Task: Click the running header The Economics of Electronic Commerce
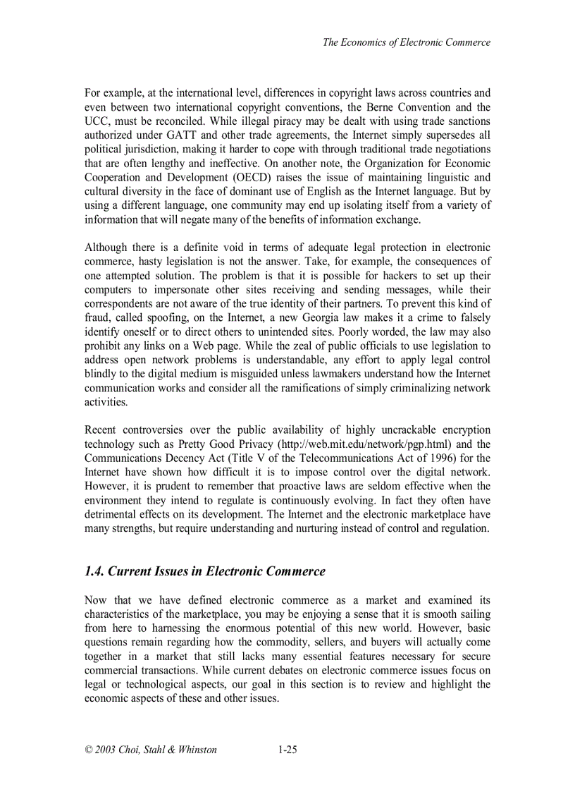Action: [406, 42]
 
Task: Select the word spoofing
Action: [163, 318]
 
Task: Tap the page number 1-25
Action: [287, 750]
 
